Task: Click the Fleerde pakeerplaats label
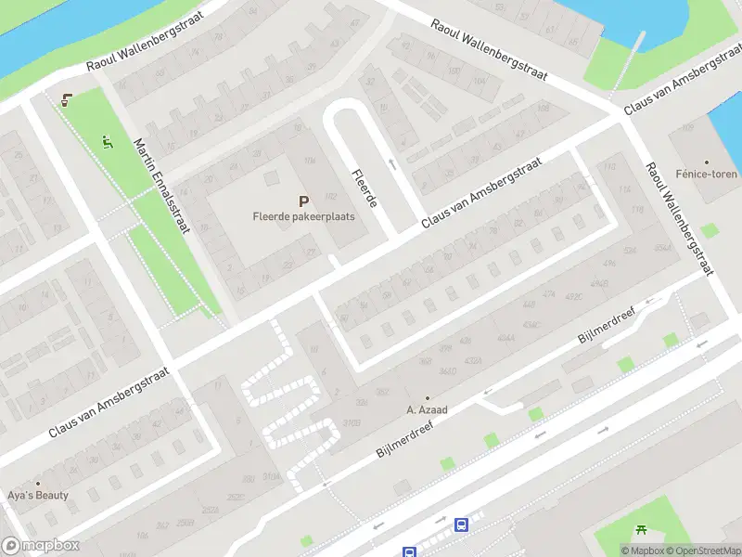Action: coord(303,216)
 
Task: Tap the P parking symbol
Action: coord(303,201)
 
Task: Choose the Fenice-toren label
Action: coord(706,174)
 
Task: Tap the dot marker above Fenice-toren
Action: coord(706,162)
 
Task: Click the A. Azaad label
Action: coord(428,409)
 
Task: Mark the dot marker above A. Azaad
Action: coord(428,397)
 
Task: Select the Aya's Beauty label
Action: coord(38,495)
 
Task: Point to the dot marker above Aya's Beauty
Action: coord(38,483)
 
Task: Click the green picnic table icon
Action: coord(641,531)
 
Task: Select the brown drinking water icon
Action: coord(66,100)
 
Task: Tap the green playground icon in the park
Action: coord(107,142)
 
